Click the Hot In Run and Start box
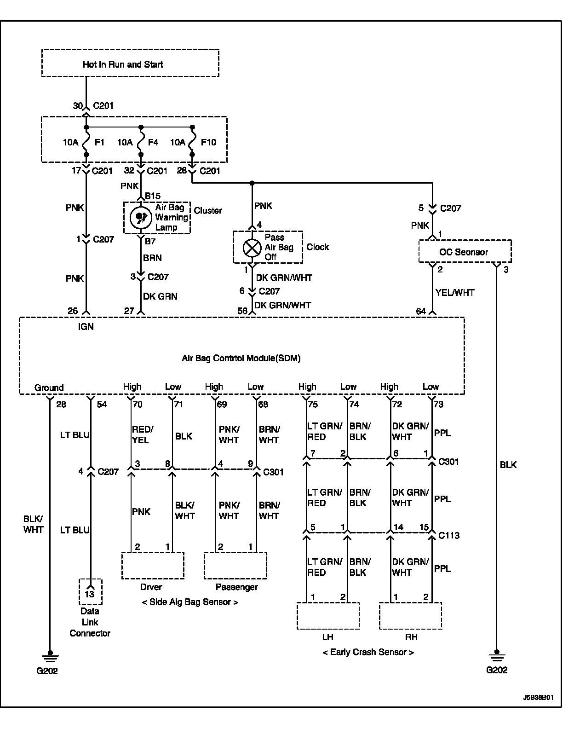130,64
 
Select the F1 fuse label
99,142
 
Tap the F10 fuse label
208,142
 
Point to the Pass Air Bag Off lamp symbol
252,248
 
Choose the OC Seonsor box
465,252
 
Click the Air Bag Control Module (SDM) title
241,358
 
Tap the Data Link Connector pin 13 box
90,592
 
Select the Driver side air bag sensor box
153,566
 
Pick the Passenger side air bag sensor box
235,566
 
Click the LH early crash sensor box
328,616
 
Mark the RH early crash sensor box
411,616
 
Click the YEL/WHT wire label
455,292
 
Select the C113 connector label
449,535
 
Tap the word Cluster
208,210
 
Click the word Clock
318,247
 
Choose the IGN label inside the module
86,326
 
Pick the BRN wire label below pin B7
152,258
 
